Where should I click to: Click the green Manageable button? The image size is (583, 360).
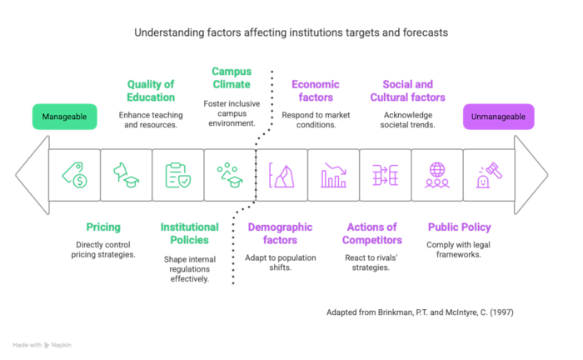pos(64,117)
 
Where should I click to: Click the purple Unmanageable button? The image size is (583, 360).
pos(498,117)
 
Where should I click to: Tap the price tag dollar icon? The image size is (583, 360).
pos(74,175)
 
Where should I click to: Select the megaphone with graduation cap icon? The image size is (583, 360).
pos(126,175)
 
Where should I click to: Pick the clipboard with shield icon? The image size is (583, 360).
pos(177,175)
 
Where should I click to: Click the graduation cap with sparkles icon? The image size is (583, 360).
pos(229,175)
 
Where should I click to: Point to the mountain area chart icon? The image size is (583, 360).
pos(282,175)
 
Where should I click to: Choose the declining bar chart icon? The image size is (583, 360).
pos(333,175)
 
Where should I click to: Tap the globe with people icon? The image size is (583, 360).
pos(436,175)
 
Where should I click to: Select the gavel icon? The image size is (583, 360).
pos(488,175)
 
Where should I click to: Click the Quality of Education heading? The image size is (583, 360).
pos(151,91)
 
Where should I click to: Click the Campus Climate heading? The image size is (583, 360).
pos(232,77)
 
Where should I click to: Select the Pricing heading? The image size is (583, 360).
pos(103,227)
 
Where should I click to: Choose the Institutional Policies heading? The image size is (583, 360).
pos(189,233)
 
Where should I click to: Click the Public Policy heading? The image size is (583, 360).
pos(459,227)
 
